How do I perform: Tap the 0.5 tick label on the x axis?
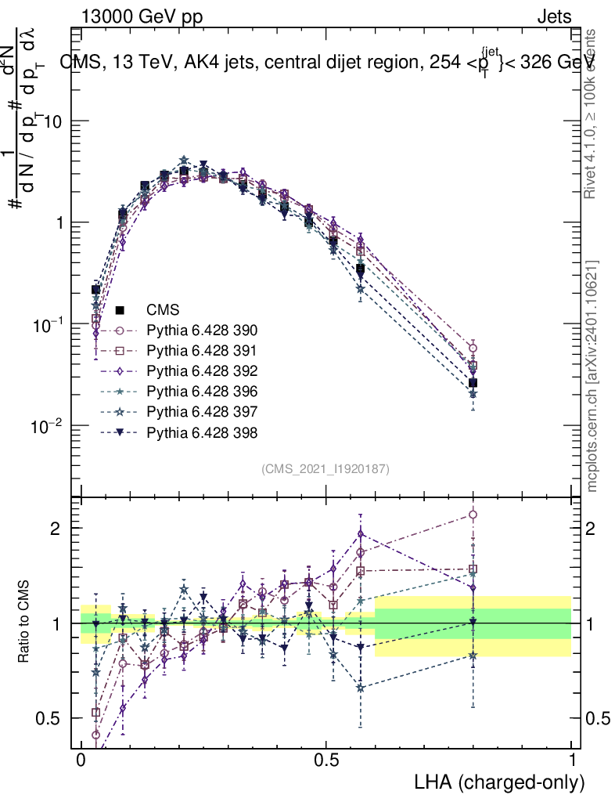326,760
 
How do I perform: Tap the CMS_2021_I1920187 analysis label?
325,468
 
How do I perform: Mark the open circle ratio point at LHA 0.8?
473,515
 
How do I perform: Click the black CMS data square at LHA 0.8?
473,383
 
